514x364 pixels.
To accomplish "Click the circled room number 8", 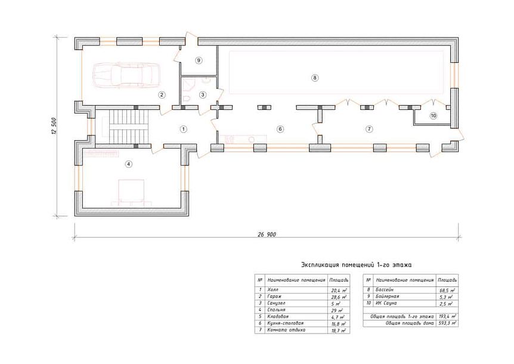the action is click(315, 78).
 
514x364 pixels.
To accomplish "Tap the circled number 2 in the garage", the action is click(161, 95).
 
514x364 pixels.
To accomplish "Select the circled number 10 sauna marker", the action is click(434, 115).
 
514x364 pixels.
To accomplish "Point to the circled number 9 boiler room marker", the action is click(199, 60).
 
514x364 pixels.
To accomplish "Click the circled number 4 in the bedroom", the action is click(129, 164).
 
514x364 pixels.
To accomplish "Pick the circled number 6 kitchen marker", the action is click(280, 129).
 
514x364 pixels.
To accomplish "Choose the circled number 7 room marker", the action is click(369, 129).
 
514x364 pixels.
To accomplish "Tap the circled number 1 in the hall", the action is click(183, 129).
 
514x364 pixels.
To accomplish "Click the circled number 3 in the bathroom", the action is click(203, 95).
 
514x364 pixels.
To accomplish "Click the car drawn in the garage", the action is click(126, 75).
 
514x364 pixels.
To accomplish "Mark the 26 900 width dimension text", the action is click(267, 235).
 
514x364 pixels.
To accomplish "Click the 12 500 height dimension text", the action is click(54, 126).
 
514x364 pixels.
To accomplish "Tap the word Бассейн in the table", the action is click(385, 290).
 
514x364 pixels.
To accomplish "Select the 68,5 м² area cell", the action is click(447, 290).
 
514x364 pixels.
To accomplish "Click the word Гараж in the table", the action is click(274, 297).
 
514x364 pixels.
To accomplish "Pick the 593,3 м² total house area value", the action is click(447, 323).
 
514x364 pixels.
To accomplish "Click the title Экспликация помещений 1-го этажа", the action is click(357, 264).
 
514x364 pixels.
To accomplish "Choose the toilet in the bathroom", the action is click(187, 98).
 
